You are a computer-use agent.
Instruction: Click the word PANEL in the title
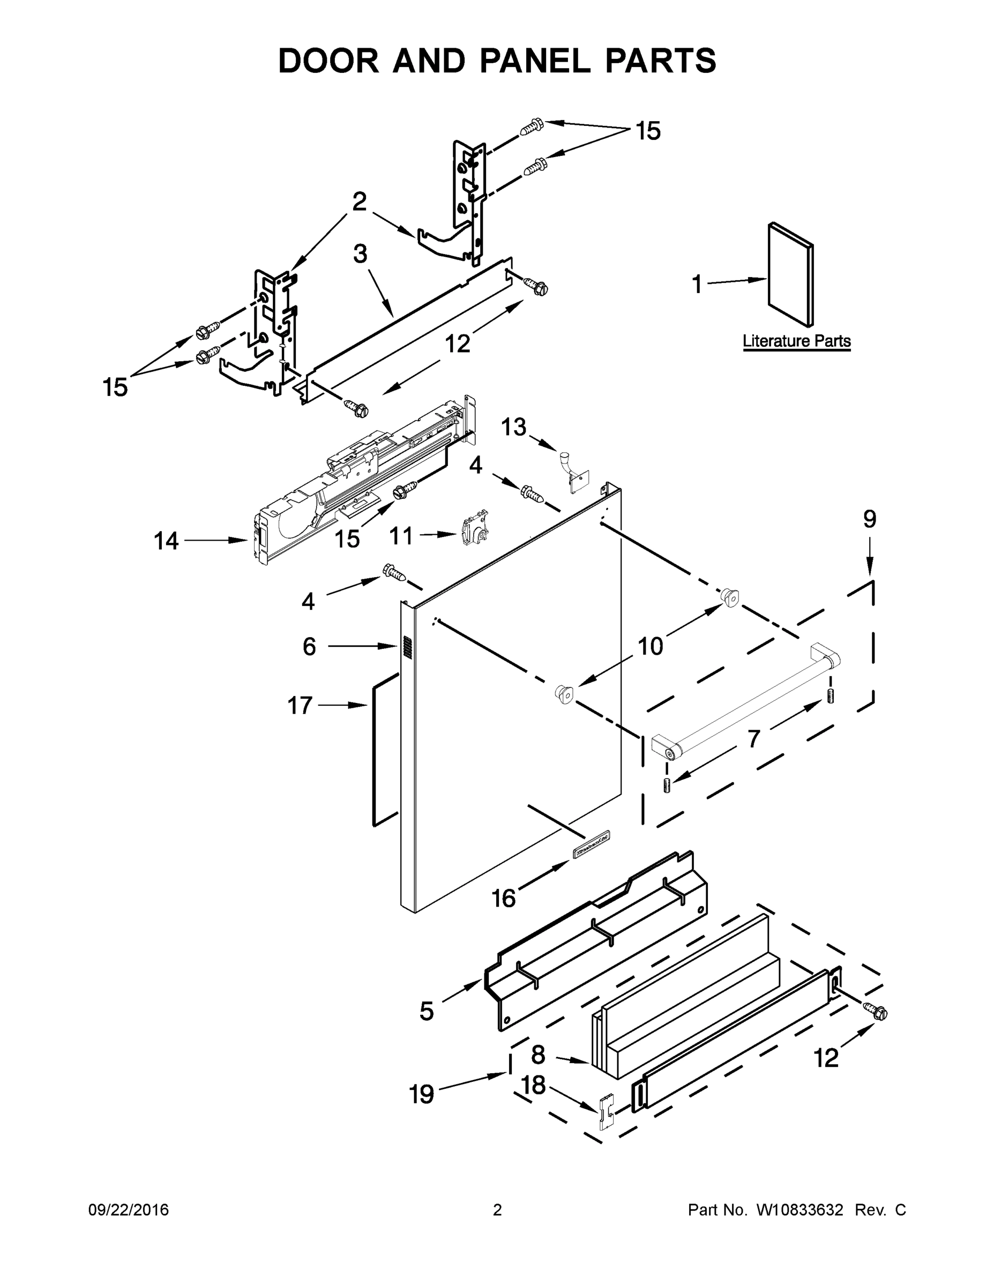coord(534,61)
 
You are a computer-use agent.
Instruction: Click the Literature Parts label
coord(796,341)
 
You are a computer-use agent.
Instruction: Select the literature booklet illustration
coord(791,274)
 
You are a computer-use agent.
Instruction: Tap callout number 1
coord(697,285)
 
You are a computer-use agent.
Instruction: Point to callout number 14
coord(166,541)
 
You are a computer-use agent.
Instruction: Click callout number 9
coord(870,519)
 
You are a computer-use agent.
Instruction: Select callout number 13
coord(513,428)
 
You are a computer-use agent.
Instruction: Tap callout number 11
coord(401,536)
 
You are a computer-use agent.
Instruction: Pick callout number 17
coord(299,705)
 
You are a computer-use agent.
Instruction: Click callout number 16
coord(504,899)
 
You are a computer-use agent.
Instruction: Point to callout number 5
coord(427,1011)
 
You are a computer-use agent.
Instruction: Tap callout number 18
coord(534,1085)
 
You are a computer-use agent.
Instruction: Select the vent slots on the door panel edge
coord(406,647)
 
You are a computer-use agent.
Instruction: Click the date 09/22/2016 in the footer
coord(129,1210)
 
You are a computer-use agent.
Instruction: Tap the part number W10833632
coord(799,1210)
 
